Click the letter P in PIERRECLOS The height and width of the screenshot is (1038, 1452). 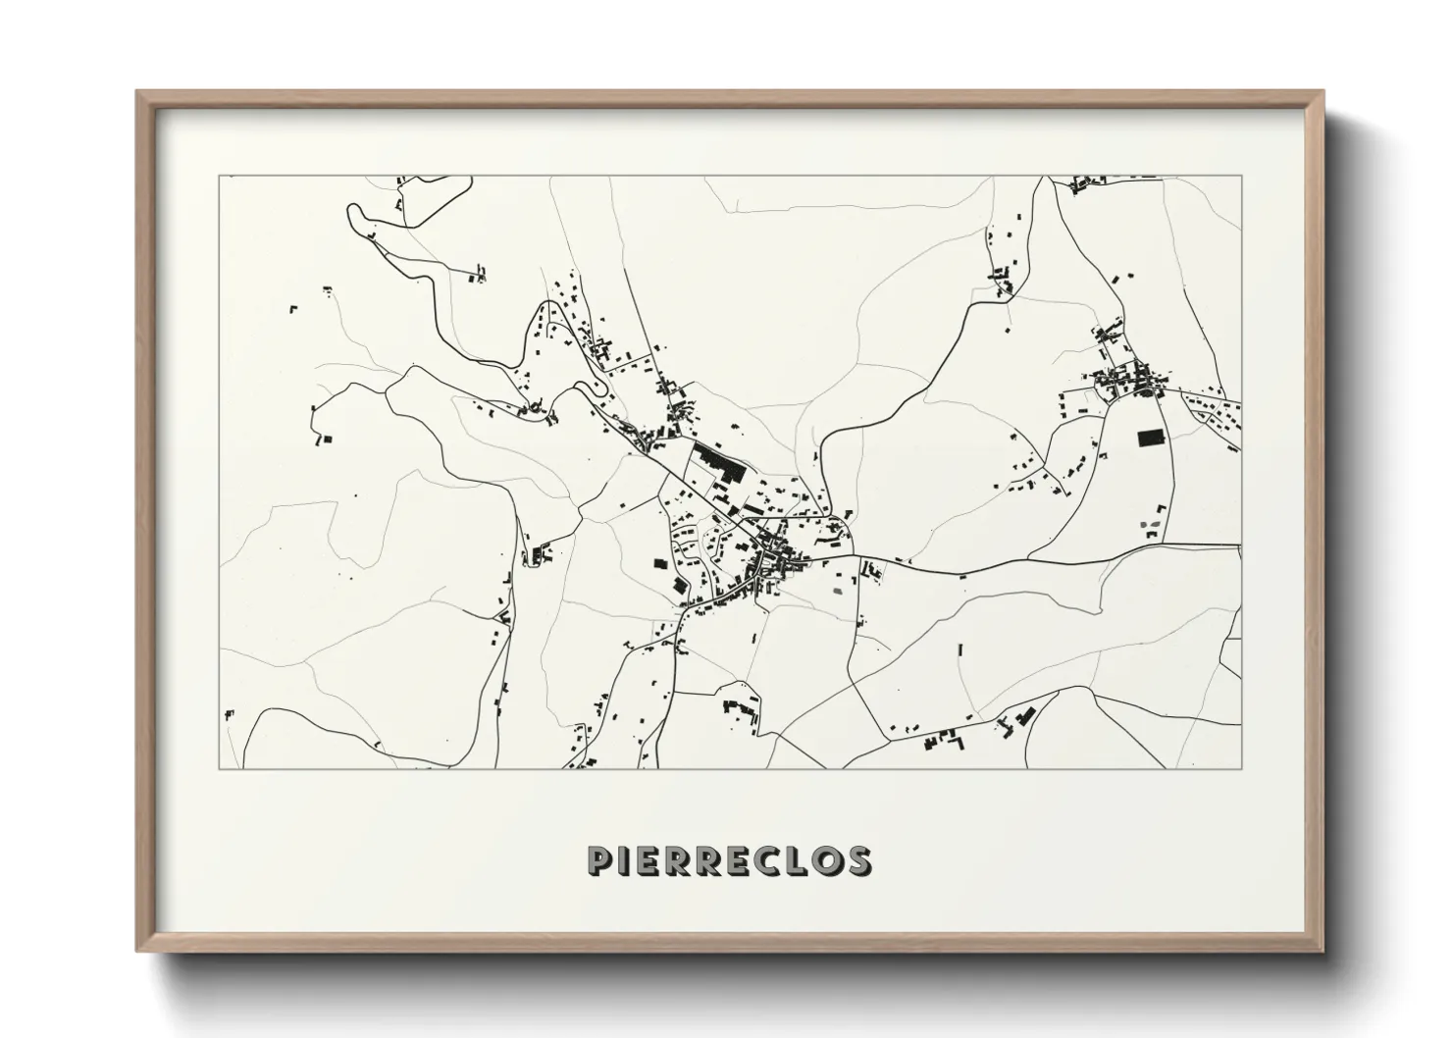[x=600, y=860]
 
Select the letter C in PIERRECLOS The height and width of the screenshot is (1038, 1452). [x=764, y=860]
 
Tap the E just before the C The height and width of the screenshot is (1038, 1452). [x=735, y=860]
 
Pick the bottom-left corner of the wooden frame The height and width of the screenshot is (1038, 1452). [x=138, y=952]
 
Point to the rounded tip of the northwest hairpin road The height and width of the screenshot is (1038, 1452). [x=350, y=210]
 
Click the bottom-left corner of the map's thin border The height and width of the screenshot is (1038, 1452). [x=219, y=768]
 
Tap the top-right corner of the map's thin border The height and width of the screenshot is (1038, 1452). [x=1241, y=177]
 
